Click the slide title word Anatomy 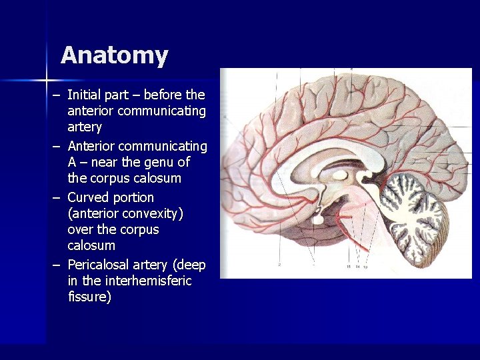point(114,55)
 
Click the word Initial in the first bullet point(85,95)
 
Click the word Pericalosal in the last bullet point(99,265)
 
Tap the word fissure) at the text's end point(89,297)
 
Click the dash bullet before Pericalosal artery point(57,265)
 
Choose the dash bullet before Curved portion point(57,198)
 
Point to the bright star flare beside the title point(47,80)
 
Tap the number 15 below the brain point(349,267)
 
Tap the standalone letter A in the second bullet point(72,162)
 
